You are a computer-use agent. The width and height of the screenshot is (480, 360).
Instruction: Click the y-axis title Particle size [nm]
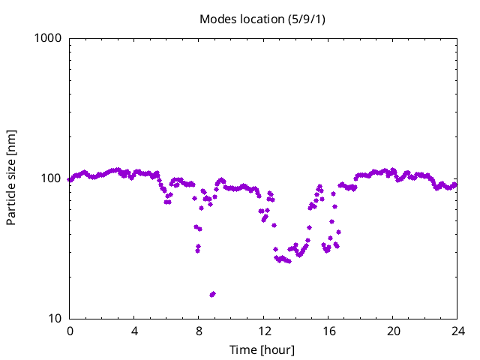[x=11, y=177]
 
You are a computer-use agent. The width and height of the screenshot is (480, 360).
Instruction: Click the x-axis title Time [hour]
[x=262, y=350]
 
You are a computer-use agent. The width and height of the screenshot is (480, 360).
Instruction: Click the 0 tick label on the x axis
[x=70, y=331]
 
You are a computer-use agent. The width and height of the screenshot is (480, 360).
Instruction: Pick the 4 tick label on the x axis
[x=134, y=331]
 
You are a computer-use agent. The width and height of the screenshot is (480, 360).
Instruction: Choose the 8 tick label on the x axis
[x=199, y=331]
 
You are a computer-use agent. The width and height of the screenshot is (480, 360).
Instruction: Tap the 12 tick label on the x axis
[x=264, y=331]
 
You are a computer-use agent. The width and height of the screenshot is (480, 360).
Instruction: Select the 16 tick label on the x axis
[x=328, y=331]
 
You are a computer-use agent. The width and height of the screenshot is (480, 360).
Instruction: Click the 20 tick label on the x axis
[x=393, y=331]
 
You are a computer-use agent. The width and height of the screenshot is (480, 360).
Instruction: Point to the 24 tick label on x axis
[x=457, y=331]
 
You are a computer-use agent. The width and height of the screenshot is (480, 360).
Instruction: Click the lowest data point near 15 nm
[x=213, y=294]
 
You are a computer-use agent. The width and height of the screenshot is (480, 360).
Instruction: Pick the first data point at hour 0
[x=70, y=180]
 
